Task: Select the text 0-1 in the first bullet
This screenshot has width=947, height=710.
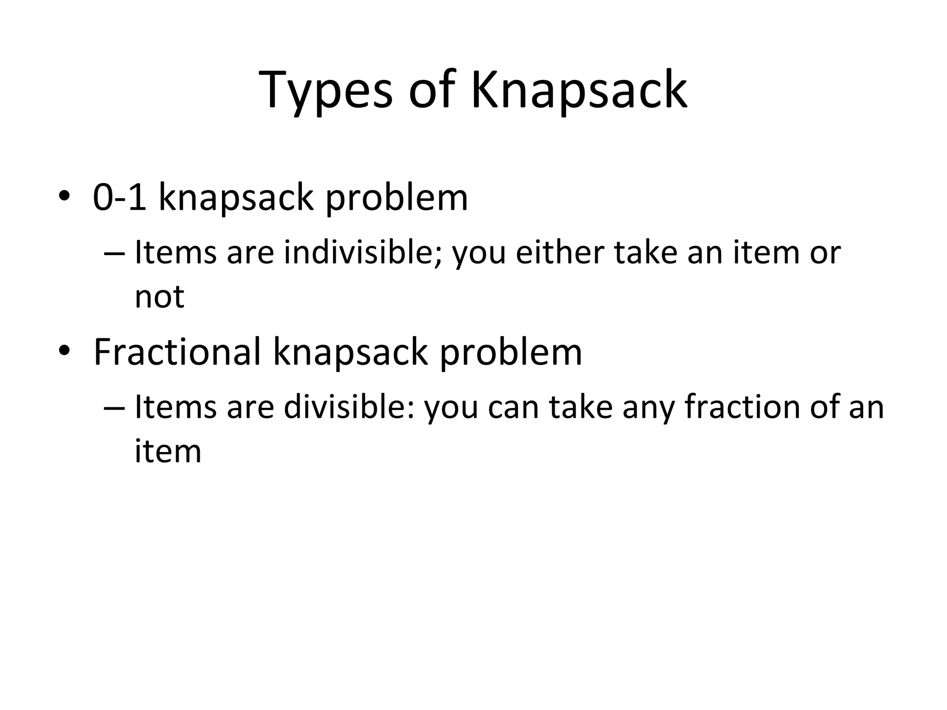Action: pyautogui.click(x=120, y=197)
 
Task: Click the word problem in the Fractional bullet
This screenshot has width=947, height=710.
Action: pyautogui.click(x=510, y=353)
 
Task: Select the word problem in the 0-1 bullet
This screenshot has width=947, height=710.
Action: pyautogui.click(x=397, y=198)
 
